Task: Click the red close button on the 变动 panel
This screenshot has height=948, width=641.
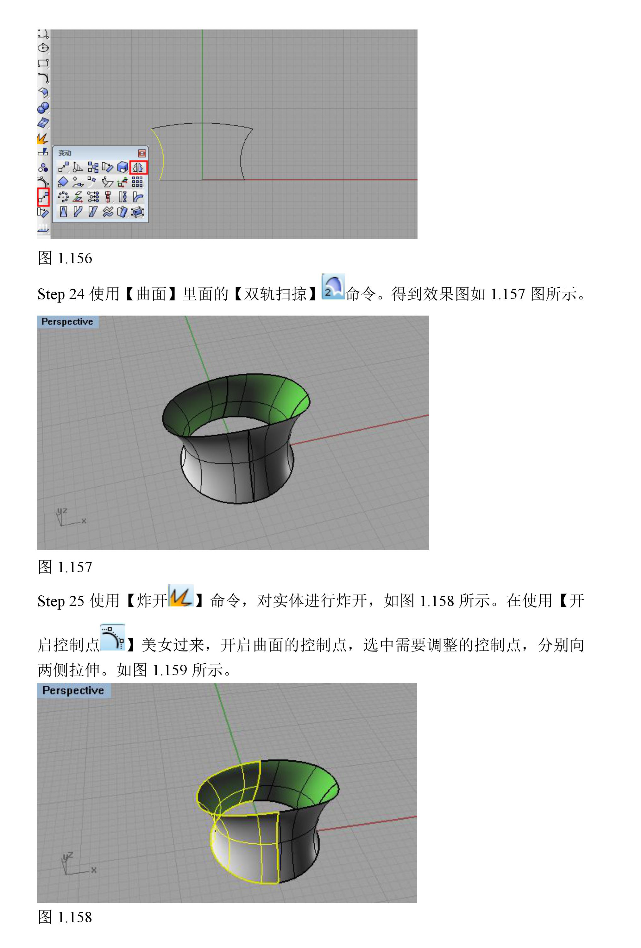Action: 142,153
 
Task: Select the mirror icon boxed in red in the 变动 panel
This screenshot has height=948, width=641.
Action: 138,167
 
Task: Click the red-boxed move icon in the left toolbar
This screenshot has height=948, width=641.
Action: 43,197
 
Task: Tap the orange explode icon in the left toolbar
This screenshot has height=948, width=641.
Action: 43,138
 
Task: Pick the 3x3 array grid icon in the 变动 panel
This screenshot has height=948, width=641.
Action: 137,182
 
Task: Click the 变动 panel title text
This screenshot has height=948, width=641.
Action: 65,153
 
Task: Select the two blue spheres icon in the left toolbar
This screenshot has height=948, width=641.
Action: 43,108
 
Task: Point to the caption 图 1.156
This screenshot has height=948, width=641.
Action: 65,258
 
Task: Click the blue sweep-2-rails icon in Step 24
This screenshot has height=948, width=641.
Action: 333,287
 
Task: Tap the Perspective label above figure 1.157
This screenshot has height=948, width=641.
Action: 67,321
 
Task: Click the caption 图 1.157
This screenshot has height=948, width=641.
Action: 65,567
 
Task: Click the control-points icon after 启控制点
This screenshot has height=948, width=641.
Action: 112,637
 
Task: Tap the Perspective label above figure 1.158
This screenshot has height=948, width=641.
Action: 73,690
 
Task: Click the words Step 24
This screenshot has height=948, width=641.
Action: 61,294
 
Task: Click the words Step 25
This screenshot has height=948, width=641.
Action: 61,601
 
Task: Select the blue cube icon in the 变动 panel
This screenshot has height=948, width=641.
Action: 123,167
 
